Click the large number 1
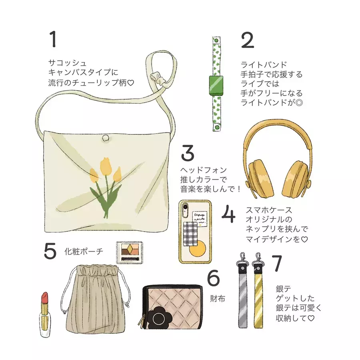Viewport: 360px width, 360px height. click(53, 39)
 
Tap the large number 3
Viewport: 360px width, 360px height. click(188, 153)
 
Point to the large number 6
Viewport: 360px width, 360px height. click(214, 278)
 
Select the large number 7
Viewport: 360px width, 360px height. click(277, 263)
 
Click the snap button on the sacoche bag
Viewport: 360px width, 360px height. click(106, 138)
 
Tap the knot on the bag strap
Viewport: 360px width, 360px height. click(158, 78)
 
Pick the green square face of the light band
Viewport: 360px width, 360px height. click(216, 85)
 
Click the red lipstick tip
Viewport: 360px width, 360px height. click(44, 297)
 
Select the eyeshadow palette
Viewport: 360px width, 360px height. click(130, 252)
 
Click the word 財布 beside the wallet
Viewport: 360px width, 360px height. click(218, 298)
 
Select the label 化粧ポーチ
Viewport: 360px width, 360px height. click(84, 252)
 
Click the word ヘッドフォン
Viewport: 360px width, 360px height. click(204, 170)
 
